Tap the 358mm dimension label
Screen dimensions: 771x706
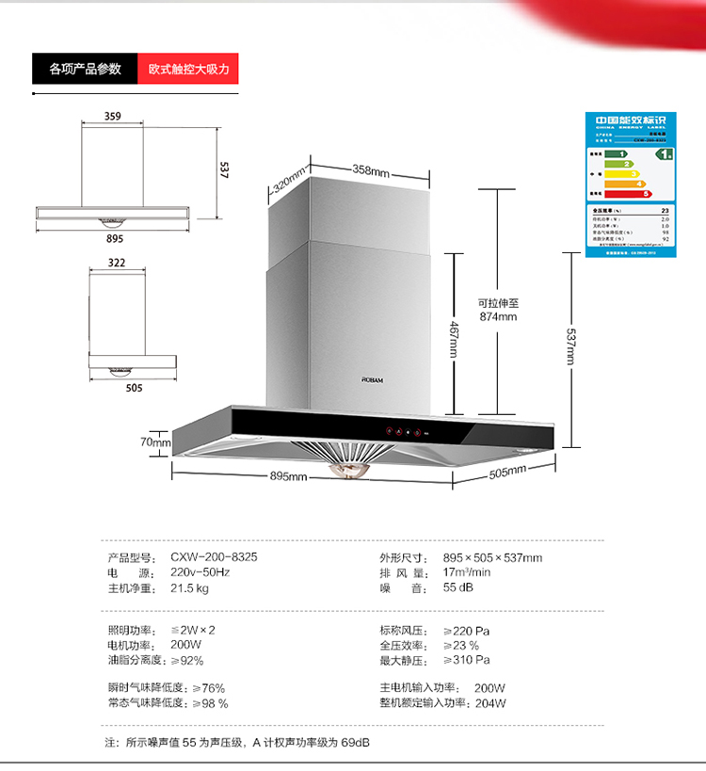click(x=371, y=171)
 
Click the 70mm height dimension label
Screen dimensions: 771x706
click(x=155, y=442)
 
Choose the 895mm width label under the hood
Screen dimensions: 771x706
click(x=289, y=476)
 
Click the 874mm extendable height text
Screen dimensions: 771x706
click(x=498, y=317)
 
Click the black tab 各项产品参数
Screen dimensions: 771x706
click(x=85, y=70)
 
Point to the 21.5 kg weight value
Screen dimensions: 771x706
click(x=189, y=588)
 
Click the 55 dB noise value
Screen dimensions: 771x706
click(x=457, y=588)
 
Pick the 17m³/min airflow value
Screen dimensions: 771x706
click(x=467, y=572)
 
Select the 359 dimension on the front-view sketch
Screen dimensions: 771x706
click(x=112, y=118)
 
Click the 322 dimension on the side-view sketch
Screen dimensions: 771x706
click(x=117, y=263)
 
